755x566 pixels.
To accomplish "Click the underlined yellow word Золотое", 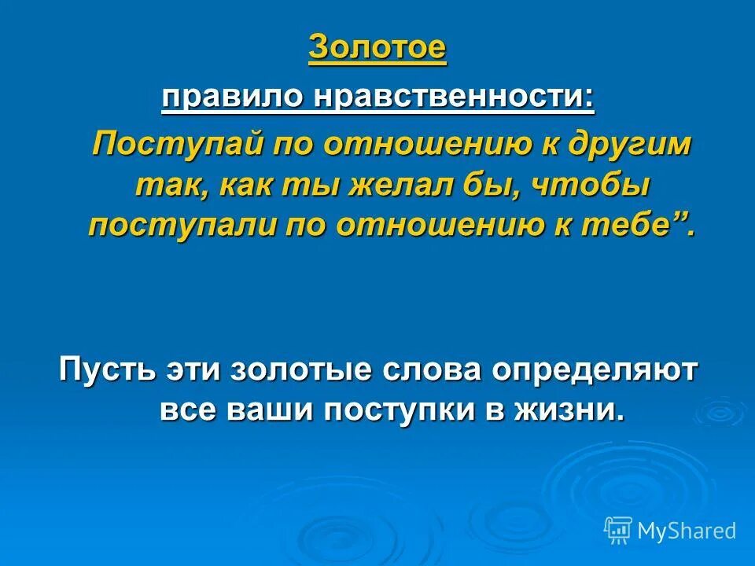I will [377, 48].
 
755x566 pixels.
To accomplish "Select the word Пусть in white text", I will [106, 369].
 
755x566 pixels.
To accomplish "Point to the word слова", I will [425, 369].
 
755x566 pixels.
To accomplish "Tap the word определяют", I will [595, 369].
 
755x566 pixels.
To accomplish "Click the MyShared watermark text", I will [687, 531].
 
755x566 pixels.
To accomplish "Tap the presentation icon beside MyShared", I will [618, 531].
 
